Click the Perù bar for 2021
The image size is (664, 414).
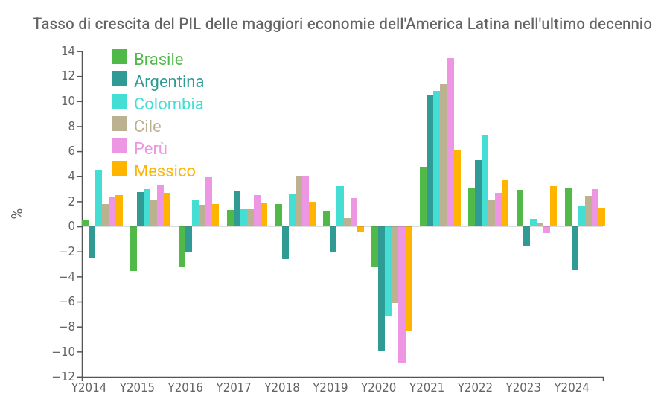pos(450,142)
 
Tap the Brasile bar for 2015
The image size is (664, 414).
pos(133,249)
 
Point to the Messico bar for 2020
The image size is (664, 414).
pos(409,278)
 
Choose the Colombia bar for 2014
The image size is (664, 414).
pos(99,198)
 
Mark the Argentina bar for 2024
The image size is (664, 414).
pos(575,248)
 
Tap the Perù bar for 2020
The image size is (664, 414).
pos(402,294)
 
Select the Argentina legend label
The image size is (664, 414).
pos(169,82)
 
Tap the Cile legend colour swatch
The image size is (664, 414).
pos(119,124)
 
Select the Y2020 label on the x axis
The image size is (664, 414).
pos(378,388)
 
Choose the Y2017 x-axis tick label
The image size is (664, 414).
pos(234,388)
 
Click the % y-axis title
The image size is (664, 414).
pos(17,213)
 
